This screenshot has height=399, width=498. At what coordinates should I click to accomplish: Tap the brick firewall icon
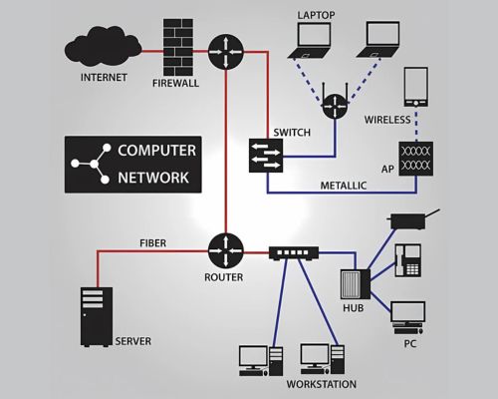(178, 47)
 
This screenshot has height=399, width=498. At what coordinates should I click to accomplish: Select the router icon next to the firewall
(226, 52)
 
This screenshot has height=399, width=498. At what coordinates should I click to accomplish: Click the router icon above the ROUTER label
(226, 251)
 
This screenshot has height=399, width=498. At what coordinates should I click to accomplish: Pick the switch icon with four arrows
(266, 156)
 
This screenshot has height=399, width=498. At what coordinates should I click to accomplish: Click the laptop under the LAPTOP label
(311, 41)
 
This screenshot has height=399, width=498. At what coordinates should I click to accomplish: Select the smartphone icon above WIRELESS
(416, 87)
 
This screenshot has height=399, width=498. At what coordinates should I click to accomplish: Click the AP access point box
(416, 159)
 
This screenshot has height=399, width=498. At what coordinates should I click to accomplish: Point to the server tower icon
(97, 317)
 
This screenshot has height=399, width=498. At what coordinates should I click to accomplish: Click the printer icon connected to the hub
(411, 220)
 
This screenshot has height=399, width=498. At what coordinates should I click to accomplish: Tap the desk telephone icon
(408, 260)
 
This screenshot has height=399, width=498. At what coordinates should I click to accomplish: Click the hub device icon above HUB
(356, 284)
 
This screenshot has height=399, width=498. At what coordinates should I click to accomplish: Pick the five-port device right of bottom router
(294, 253)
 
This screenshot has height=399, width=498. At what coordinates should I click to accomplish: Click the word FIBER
(153, 243)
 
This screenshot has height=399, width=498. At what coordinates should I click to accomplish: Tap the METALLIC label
(344, 186)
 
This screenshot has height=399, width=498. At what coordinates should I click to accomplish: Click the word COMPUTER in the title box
(156, 151)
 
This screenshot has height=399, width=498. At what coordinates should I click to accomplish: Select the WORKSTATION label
(322, 384)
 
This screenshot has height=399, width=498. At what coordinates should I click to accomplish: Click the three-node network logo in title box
(91, 164)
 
